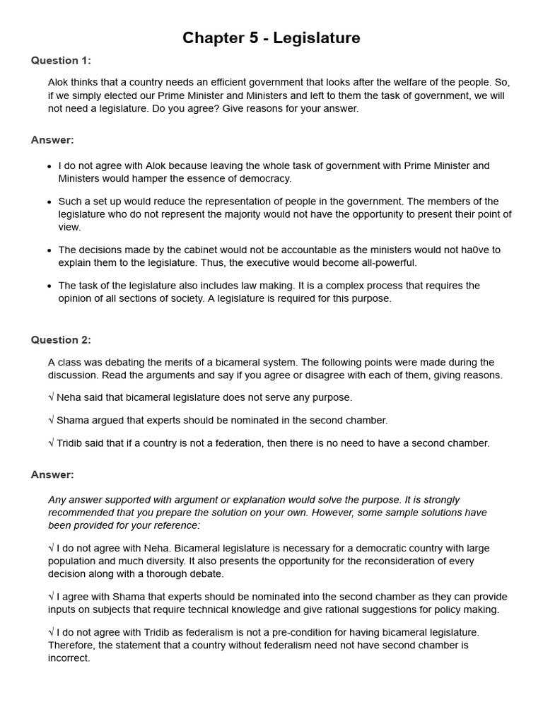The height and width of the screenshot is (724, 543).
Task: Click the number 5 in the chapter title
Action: click(x=252, y=38)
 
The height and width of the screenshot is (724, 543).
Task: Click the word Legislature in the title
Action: click(x=318, y=38)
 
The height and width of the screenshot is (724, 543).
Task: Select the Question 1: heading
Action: click(x=61, y=60)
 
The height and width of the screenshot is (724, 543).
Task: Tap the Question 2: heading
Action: click(x=61, y=340)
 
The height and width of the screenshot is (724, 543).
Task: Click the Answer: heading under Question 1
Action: click(x=52, y=140)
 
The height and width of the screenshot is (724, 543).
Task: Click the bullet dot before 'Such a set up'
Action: click(x=49, y=202)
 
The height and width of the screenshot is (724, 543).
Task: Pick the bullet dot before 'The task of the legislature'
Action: click(x=49, y=286)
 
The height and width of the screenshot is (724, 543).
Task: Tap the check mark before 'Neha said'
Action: click(x=51, y=397)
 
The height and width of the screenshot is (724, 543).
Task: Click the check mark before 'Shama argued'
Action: click(x=51, y=420)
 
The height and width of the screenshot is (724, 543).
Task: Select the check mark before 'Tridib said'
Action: click(x=51, y=443)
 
